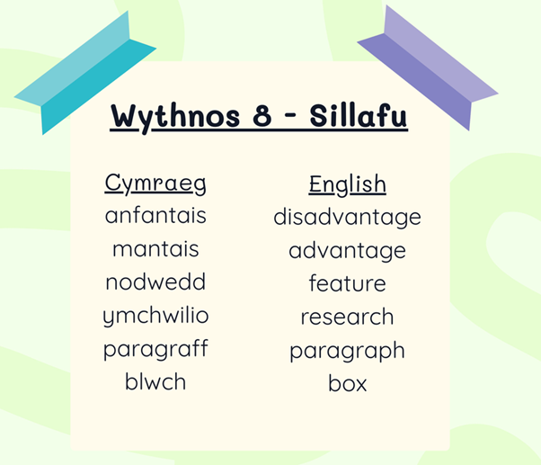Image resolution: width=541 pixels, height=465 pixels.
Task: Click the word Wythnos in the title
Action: click(x=175, y=117)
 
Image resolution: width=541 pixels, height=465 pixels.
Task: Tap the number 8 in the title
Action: click(x=262, y=115)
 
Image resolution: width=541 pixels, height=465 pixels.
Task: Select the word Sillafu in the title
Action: click(x=359, y=115)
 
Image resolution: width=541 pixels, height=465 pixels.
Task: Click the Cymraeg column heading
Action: click(x=155, y=183)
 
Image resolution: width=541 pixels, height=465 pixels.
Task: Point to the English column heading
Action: click(x=347, y=184)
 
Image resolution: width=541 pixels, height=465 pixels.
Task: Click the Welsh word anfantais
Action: click(x=155, y=215)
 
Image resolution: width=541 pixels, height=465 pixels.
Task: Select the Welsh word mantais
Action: click(x=155, y=248)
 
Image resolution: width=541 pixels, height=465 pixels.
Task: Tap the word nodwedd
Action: click(x=155, y=282)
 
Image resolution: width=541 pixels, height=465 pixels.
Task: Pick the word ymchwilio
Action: click(x=155, y=316)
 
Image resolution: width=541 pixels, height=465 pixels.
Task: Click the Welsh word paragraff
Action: click(x=155, y=349)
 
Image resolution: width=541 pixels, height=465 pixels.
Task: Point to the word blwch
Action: click(x=155, y=381)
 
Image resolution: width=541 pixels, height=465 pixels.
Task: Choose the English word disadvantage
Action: click(x=347, y=218)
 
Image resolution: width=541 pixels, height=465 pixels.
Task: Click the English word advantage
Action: click(x=347, y=251)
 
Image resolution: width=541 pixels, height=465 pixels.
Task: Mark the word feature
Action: click(x=347, y=283)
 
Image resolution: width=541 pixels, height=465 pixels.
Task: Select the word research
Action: click(x=347, y=317)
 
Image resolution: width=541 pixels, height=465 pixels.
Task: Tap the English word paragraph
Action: click(x=347, y=351)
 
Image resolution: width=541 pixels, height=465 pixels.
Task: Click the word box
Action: click(x=347, y=383)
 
